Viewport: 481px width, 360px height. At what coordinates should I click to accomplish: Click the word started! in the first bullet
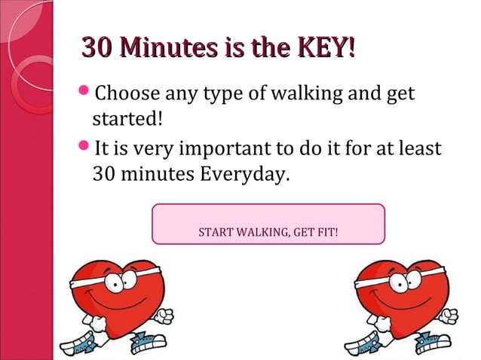point(121,121)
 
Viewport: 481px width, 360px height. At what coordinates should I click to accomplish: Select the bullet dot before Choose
point(84,94)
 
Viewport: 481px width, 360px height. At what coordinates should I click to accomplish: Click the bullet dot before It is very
point(84,145)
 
